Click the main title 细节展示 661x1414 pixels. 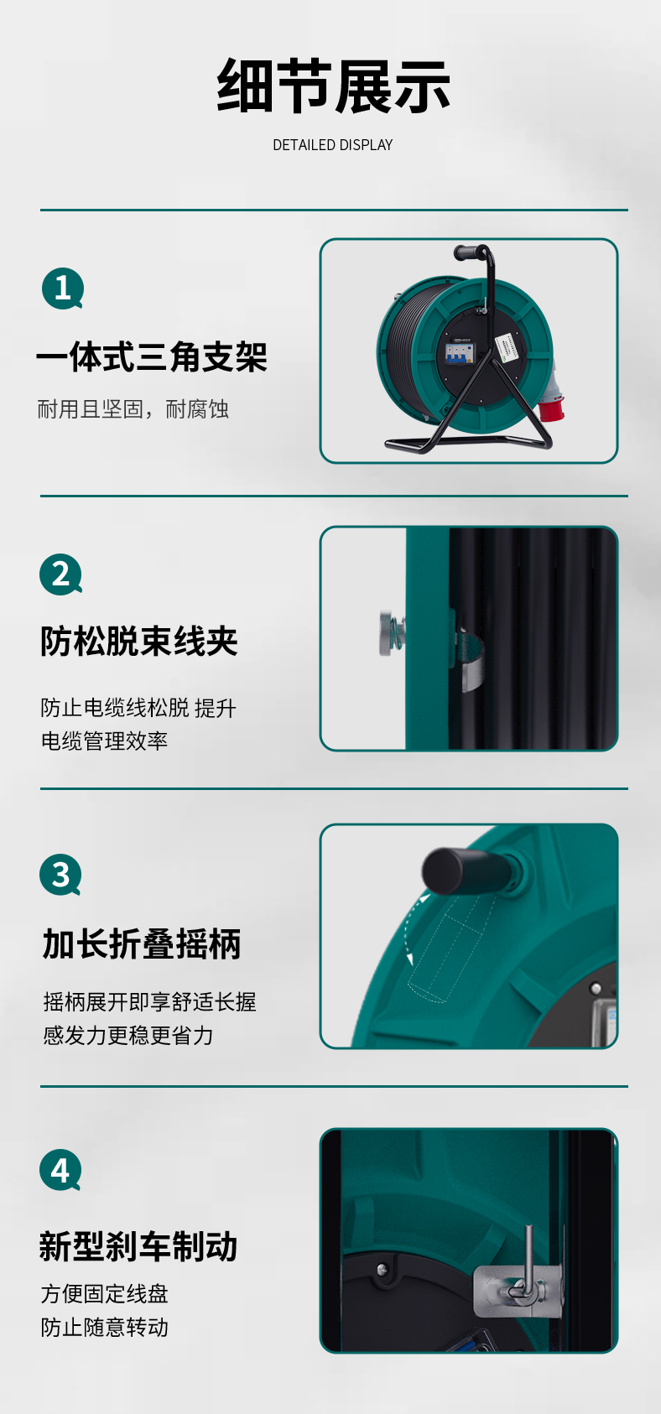coord(333,86)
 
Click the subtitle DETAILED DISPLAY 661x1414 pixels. coord(333,145)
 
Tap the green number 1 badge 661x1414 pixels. coord(63,289)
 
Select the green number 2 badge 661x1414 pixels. coord(60,574)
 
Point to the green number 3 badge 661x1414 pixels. coord(60,874)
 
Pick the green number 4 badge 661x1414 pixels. coord(60,1170)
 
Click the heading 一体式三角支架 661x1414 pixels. coord(152,356)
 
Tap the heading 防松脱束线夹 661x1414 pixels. coord(139,642)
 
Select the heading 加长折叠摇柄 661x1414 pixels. coord(142,944)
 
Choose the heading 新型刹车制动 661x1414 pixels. coord(138,1247)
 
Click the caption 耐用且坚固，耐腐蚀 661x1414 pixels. coord(133,409)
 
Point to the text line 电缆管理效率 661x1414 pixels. coord(104,741)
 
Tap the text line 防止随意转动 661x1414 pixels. coord(104,1327)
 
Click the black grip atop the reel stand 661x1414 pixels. coord(468,252)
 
